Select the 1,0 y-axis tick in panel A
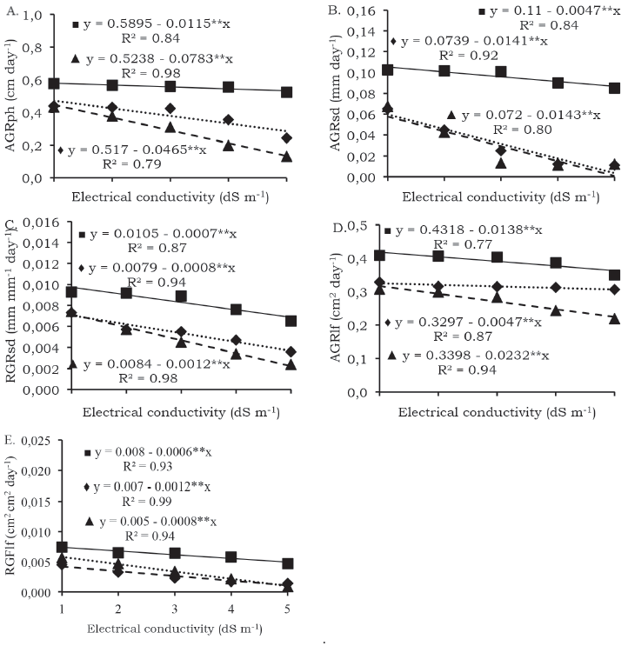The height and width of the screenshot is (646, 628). point(32,17)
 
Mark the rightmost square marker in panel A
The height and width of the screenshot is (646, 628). point(286,91)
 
